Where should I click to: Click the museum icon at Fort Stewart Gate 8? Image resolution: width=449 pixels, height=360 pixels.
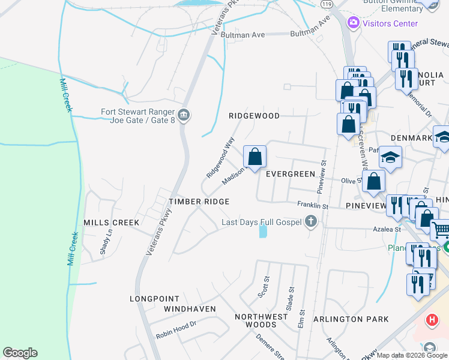[x=184, y=114]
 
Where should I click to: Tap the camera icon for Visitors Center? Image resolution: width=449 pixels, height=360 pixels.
[x=353, y=23]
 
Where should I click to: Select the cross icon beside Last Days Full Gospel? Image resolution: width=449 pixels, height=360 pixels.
[x=311, y=223]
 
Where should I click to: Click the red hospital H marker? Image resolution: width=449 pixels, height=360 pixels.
[x=431, y=320]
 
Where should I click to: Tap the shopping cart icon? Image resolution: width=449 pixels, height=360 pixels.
[x=441, y=230]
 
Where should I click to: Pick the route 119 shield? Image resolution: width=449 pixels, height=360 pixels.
[x=327, y=4]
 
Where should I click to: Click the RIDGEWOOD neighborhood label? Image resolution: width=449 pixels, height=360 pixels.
[x=254, y=116]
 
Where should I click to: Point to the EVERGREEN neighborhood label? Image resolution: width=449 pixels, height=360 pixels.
[x=291, y=174]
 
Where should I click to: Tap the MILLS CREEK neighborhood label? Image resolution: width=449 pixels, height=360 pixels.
[x=112, y=223]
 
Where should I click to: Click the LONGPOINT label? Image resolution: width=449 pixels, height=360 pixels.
[x=155, y=298]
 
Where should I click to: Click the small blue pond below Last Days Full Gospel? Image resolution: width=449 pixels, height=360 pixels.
[x=263, y=230]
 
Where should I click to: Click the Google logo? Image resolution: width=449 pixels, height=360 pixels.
[x=20, y=353]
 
